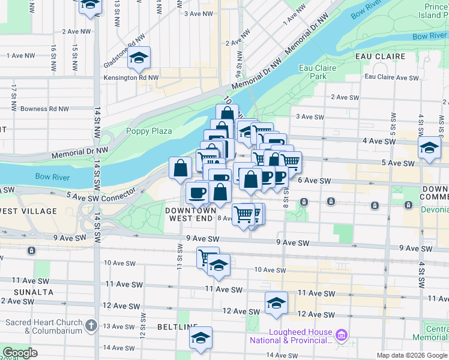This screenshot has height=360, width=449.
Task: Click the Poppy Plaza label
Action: [x=149, y=131]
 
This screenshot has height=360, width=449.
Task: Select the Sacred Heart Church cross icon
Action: [x=91, y=326]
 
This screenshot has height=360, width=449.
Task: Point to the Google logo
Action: [x=20, y=353]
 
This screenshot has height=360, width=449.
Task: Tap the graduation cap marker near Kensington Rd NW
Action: [x=139, y=58]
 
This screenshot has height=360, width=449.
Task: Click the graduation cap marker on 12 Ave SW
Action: [x=276, y=303]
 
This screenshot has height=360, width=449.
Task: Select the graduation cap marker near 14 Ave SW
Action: [x=201, y=338]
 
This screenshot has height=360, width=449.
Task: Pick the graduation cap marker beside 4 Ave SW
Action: [x=430, y=148]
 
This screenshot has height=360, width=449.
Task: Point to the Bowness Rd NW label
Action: [x=45, y=109]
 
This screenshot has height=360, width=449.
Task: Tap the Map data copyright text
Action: [x=412, y=355]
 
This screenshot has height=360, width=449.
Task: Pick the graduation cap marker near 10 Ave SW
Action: [x=219, y=266]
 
